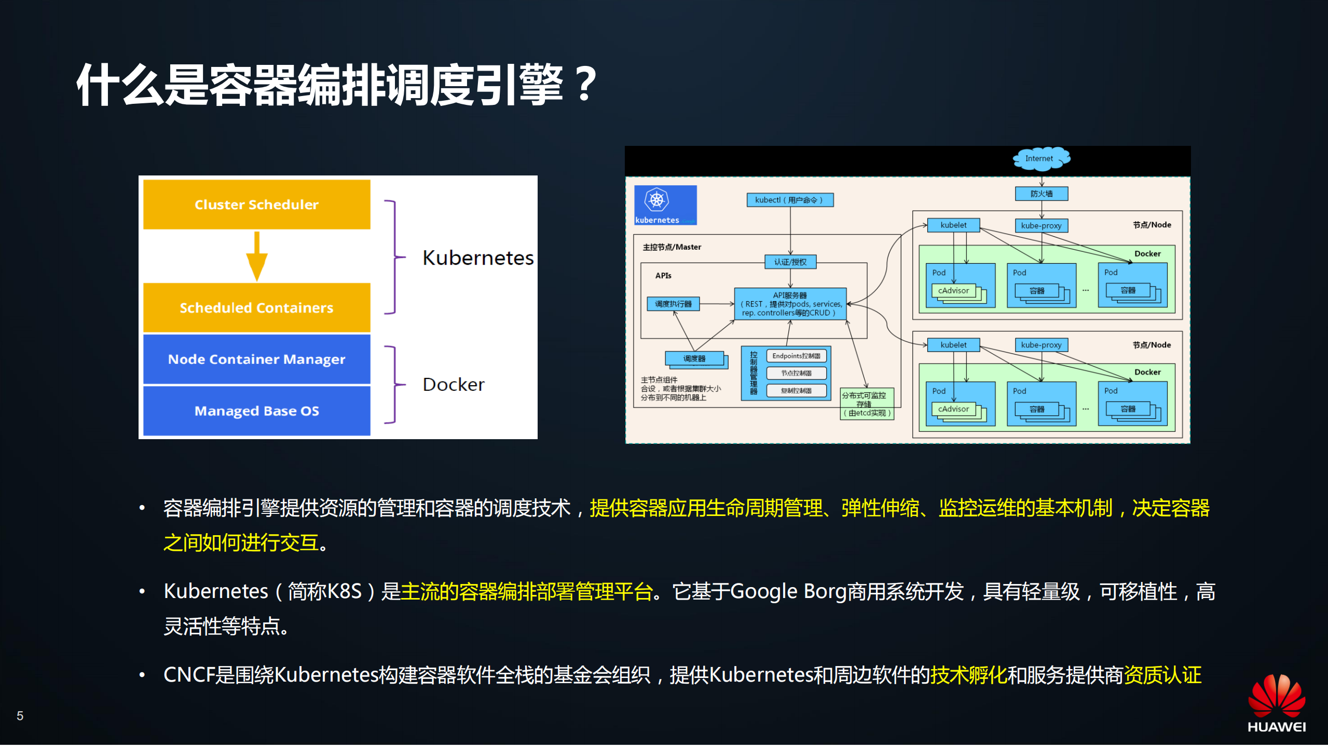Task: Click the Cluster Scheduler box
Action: point(256,205)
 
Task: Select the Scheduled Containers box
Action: point(256,307)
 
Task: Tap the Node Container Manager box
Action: point(256,359)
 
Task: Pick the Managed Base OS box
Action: point(256,411)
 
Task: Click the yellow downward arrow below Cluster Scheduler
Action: point(256,257)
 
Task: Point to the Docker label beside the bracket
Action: point(453,385)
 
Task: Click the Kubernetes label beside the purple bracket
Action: point(477,258)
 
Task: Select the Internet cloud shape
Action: point(1041,158)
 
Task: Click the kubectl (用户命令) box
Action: point(789,200)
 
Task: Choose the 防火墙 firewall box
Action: point(1041,194)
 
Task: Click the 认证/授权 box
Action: point(790,262)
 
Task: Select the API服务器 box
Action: point(790,304)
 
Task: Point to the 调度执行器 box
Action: point(673,304)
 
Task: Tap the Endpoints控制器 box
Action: point(796,356)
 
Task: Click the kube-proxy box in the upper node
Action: point(1041,225)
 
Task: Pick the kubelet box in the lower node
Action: point(953,345)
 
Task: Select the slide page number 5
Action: point(20,716)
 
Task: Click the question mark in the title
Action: point(586,84)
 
